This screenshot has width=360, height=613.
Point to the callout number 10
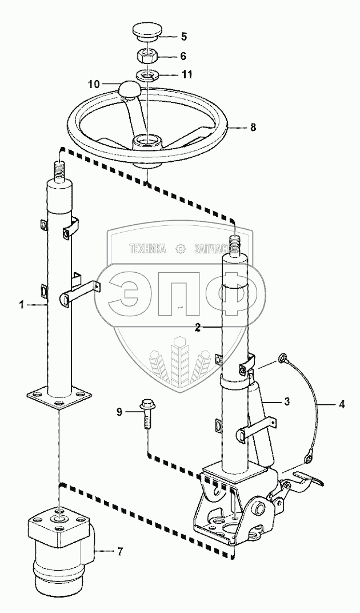click(94, 83)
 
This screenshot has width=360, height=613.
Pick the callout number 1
click(22, 305)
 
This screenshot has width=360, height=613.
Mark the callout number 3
click(287, 402)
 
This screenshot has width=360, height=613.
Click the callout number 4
click(341, 405)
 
